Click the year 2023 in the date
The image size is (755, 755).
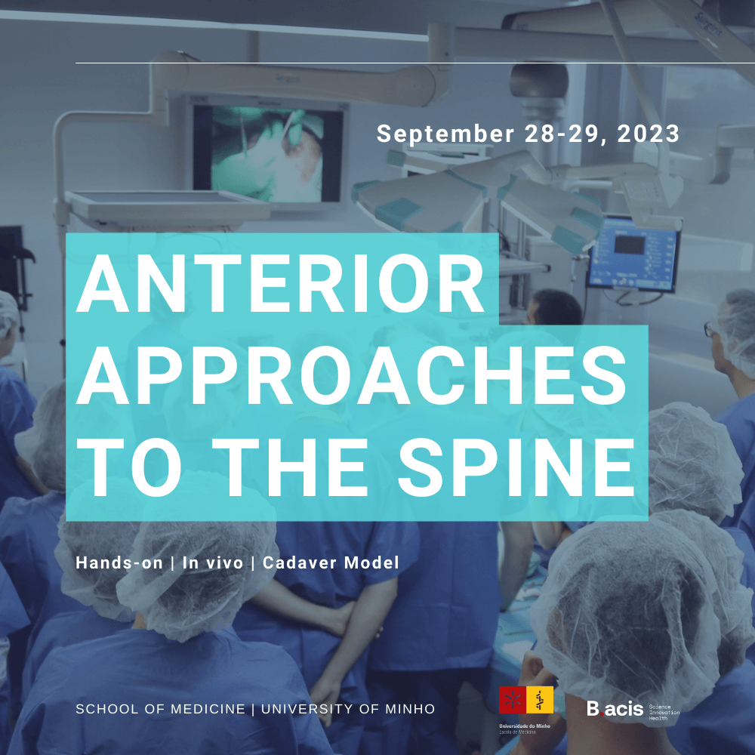coord(649,134)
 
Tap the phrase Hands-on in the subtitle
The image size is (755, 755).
coord(119,562)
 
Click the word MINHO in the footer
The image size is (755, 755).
coord(408,709)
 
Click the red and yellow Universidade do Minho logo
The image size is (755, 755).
coord(525,701)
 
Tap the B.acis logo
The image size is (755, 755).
coord(615,709)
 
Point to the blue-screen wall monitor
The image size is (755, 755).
coord(633,254)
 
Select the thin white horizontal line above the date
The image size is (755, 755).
coord(415,63)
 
